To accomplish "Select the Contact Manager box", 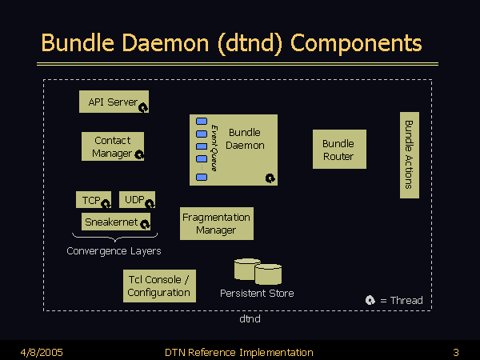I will coord(113,146).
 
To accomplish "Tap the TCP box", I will coord(93,199).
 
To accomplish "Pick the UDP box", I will coord(137,199).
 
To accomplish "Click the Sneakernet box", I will coord(117,222).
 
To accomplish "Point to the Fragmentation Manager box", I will coord(216,223).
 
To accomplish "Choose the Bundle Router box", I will coord(338,150).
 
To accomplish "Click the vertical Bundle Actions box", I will coord(409,154).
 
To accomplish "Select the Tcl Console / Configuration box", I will coord(159,286).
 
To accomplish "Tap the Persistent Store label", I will coord(257,294).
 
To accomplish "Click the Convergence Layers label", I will coord(114,251).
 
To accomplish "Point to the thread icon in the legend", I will coord(370,300).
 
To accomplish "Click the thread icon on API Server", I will coord(144,106).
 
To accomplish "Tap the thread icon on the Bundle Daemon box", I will coord(270,178).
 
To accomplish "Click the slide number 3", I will coord(455,352).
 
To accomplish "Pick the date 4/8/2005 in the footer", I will coord(42,352).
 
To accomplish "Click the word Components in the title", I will coord(356,42).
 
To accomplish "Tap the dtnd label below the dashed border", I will coord(250,318).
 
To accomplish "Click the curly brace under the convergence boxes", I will coord(115,237).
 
